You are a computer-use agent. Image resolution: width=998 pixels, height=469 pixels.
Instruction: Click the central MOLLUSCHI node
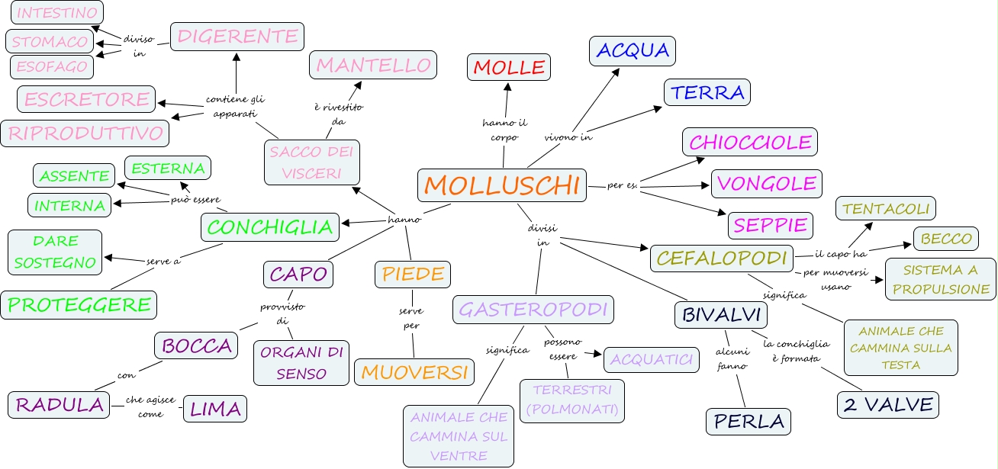pyautogui.click(x=502, y=185)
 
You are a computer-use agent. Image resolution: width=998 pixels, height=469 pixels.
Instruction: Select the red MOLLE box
pyautogui.click(x=509, y=67)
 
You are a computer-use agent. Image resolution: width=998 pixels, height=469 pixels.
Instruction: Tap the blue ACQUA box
pyautogui.click(x=632, y=50)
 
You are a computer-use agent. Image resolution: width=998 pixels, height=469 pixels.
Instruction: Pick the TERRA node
pyautogui.click(x=707, y=92)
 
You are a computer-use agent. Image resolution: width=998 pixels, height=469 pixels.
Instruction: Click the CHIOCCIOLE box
pyautogui.click(x=750, y=142)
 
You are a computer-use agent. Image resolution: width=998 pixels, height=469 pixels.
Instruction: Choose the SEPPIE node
pyautogui.click(x=769, y=225)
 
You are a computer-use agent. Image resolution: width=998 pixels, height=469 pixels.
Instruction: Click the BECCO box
pyautogui.click(x=946, y=239)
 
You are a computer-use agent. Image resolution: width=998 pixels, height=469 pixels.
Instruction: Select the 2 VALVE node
pyautogui.click(x=887, y=404)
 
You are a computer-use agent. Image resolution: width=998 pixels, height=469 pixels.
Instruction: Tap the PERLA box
pyautogui.click(x=748, y=421)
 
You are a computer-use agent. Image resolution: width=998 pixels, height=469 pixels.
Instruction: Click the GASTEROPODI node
pyautogui.click(x=533, y=309)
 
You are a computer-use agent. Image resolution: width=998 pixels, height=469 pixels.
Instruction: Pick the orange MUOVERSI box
pyautogui.click(x=414, y=371)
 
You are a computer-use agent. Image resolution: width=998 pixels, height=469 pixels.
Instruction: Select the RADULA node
pyautogui.click(x=60, y=405)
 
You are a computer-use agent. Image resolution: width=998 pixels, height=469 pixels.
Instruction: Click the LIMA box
pyautogui.click(x=215, y=409)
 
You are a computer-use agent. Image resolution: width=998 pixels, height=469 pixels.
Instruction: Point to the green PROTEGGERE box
pyautogui.click(x=79, y=304)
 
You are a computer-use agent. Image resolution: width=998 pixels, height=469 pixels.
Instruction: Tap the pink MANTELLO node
pyautogui.click(x=373, y=65)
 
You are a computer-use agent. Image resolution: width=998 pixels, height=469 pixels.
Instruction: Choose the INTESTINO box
pyautogui.click(x=57, y=13)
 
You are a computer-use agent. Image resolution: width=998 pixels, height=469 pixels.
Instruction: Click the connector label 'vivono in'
pyautogui.click(x=568, y=138)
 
